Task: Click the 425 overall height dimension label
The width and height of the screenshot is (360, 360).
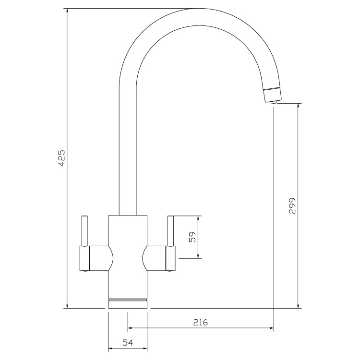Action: pyautogui.click(x=61, y=158)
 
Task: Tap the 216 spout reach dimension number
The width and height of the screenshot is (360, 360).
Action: pyautogui.click(x=200, y=322)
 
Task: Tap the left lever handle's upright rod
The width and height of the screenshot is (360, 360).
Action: pyautogui.click(x=85, y=231)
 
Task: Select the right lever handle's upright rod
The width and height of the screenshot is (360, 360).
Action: pyautogui.click(x=170, y=231)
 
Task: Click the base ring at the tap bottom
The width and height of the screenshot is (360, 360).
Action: pyautogui.click(x=127, y=303)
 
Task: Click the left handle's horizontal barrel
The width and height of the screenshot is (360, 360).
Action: pyautogui.click(x=96, y=258)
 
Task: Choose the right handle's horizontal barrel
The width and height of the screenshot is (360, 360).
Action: pyautogui.click(x=158, y=258)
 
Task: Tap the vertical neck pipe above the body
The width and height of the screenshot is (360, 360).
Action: pyautogui.click(x=127, y=168)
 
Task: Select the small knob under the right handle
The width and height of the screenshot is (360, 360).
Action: pyautogui.click(x=170, y=272)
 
